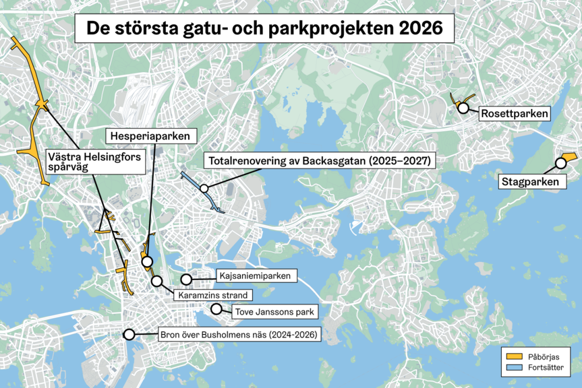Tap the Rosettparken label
point(514,114)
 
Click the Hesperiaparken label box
point(150,136)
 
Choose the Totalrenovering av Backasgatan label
point(320,161)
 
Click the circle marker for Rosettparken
point(463,107)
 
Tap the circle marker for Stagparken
point(560,162)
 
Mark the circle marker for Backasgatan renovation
point(203,189)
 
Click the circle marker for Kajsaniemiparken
point(186,278)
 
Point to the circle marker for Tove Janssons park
point(216,309)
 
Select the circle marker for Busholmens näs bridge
point(129,333)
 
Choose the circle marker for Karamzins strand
point(157,281)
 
